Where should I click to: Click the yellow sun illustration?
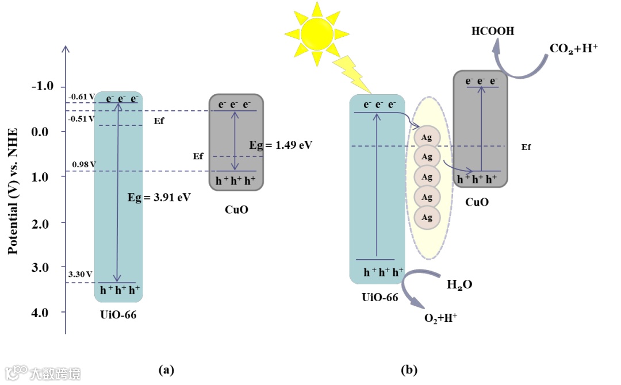315,33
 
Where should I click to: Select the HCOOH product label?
493,32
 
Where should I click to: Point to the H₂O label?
459,284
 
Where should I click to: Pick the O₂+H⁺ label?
440,317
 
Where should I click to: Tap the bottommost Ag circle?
427,217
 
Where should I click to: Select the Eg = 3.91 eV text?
159,197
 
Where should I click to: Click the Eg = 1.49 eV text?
281,145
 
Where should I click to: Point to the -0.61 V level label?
80,97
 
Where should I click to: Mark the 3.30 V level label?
80,275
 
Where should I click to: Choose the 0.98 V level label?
83,164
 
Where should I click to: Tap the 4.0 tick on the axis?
44,312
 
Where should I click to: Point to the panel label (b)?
409,369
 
